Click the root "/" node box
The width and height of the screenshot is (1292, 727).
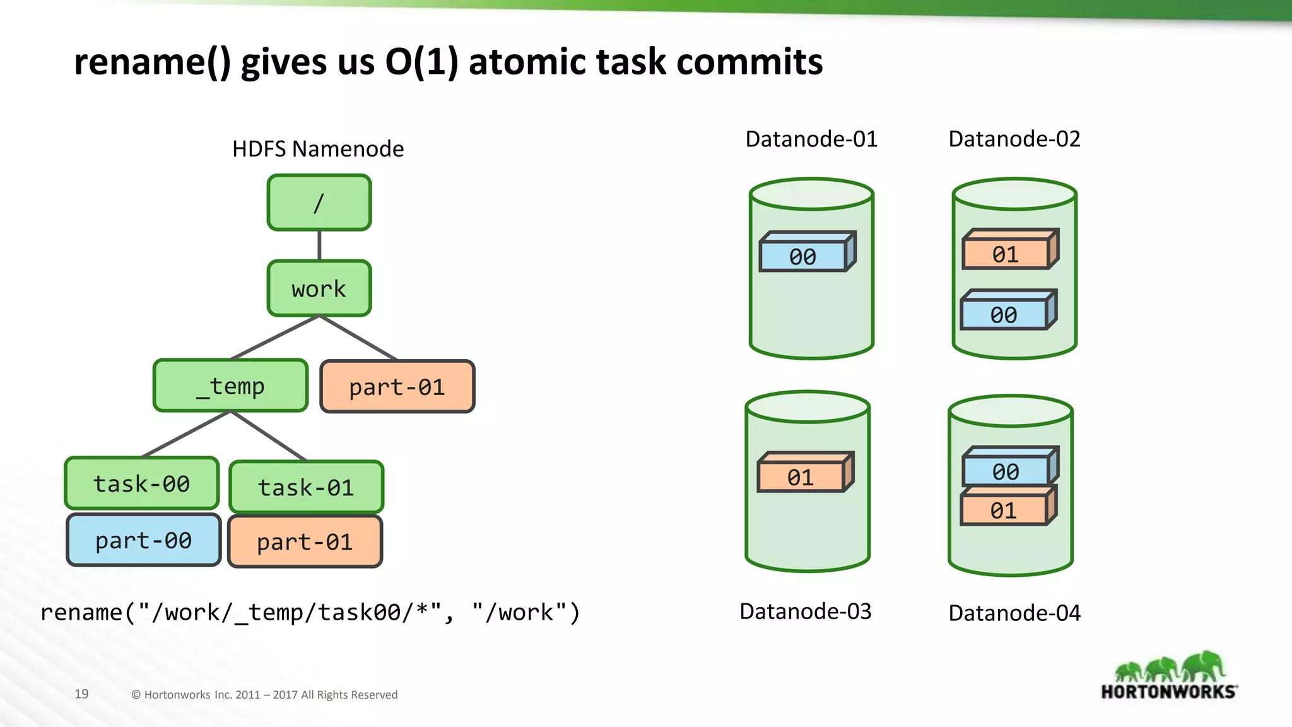[319, 203]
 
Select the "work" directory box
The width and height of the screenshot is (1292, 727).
[319, 288]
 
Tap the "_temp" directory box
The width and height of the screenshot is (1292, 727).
[231, 386]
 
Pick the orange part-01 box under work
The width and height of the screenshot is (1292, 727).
[397, 387]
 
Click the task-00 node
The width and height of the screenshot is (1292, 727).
[142, 483]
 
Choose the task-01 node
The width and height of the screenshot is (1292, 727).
[306, 487]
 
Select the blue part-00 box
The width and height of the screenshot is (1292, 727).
[144, 540]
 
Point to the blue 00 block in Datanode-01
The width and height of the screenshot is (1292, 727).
[803, 256]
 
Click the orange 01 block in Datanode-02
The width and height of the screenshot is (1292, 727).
[1006, 254]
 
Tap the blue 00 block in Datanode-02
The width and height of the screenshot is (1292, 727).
[1004, 314]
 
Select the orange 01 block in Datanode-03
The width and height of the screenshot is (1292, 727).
[801, 477]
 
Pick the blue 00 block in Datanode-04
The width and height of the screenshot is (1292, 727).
[1006, 471]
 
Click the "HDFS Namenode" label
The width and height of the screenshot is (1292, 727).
[318, 149]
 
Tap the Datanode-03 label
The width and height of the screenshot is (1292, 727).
[806, 611]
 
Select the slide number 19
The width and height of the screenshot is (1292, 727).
[81, 694]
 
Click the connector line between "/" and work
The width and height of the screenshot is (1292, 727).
[319, 245]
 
